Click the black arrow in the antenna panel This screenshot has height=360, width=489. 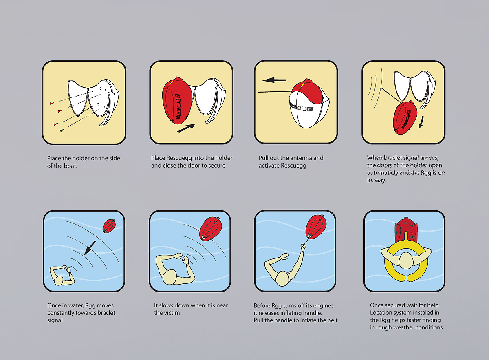274,80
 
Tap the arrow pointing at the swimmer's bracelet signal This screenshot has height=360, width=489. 90,248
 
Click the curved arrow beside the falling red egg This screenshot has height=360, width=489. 421,122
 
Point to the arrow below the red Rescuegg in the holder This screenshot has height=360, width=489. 186,128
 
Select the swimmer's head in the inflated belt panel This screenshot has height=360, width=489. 405,261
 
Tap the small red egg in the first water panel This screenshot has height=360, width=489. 109,226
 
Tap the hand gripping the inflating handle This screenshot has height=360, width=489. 303,247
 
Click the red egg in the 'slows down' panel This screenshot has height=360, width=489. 210,228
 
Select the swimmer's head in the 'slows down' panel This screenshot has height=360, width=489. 170,277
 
